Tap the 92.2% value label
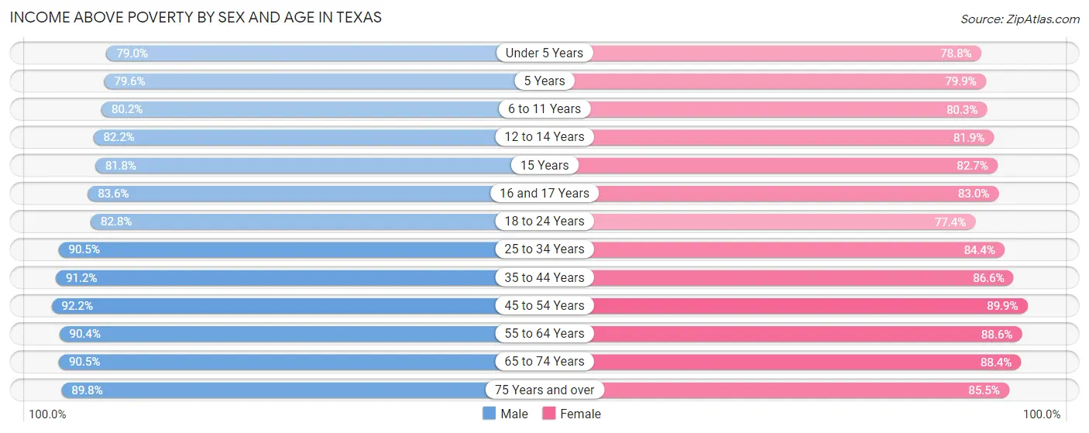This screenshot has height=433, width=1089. pos(77,306)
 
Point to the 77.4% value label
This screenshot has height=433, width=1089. pos(950,222)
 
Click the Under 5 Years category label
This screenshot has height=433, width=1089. pos(544,53)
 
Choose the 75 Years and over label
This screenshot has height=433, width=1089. pos(544,390)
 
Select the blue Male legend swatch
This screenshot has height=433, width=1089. pos(490,414)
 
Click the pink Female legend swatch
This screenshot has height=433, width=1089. pos(549,414)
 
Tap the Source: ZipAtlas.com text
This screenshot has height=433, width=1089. pos(1019,19)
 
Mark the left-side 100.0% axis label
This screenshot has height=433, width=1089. pos(47,414)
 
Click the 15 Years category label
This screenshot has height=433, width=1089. pos(544,165)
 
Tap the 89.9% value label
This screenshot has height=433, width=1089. pos(1002,306)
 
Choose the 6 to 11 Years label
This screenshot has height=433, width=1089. pos(544,109)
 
